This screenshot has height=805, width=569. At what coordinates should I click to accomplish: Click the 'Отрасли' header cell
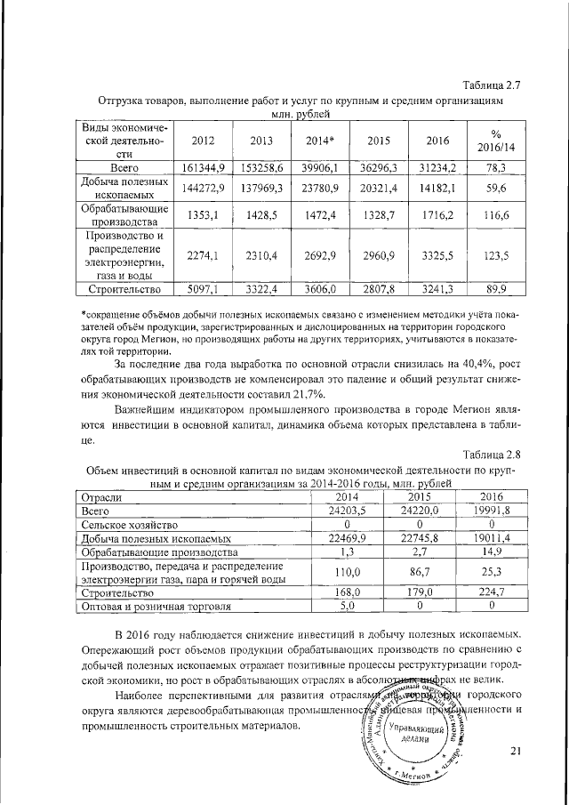pyautogui.click(x=99, y=497)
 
